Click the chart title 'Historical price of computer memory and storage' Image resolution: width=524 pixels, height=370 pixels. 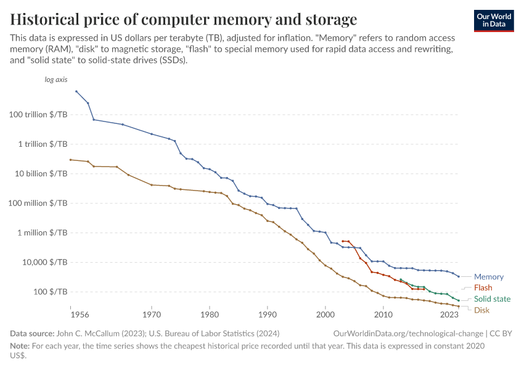184,18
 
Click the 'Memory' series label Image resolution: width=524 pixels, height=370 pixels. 488,277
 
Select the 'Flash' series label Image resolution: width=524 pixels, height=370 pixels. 483,288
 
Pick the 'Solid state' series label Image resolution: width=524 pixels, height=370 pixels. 492,299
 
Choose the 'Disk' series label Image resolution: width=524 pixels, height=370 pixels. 481,310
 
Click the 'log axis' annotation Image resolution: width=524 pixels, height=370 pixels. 55,80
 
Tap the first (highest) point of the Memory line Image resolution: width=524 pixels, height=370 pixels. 76,91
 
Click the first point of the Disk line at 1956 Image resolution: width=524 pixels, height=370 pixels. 71,160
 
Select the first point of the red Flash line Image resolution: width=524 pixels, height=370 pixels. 343,241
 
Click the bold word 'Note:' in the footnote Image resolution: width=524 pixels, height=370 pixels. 20,346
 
